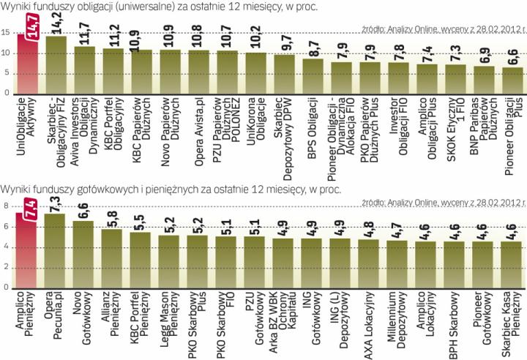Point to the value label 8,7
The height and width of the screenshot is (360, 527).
tap(313, 48)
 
